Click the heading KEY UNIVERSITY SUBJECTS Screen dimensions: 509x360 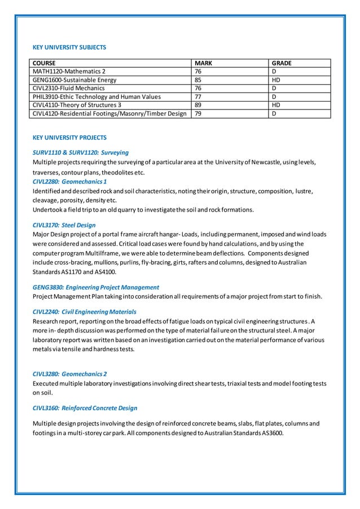coord(69,47)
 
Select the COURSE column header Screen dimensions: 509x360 coord(44,63)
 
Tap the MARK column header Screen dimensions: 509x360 coord(203,63)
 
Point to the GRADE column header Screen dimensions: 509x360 coord(282,63)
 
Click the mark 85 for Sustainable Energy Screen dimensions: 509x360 coord(198,80)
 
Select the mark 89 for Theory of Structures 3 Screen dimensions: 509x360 coord(198,105)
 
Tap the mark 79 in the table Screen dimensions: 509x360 coord(198,113)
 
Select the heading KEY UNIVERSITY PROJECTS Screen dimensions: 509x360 coord(69,138)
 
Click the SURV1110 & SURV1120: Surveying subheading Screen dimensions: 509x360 coord(81,152)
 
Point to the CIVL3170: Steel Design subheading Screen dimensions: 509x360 coord(64,225)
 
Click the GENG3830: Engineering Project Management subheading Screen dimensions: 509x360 coord(96,287)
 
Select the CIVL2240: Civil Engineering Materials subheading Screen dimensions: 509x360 coord(84,311)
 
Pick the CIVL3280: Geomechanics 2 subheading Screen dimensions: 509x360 coord(70,374)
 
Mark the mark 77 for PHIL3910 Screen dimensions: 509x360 coord(198,96)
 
